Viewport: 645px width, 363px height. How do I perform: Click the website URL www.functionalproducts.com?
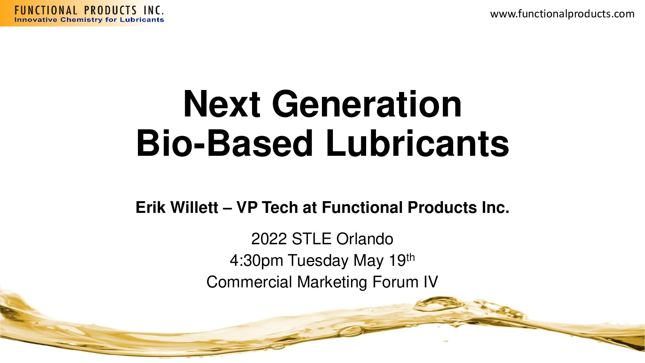562,14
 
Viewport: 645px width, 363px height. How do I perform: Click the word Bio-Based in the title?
224,143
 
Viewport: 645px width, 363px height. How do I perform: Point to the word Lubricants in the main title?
418,143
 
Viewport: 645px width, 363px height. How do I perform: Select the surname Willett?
194,208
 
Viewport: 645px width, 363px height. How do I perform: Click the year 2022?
269,239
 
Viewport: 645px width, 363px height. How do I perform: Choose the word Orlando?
365,239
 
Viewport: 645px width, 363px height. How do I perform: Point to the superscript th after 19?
411,257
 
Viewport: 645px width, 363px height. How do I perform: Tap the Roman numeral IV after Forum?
431,282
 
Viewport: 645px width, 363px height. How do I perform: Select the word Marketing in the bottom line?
332,282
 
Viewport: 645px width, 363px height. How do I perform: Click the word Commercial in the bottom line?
249,282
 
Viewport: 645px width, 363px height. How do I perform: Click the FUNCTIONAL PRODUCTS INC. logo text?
89,10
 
